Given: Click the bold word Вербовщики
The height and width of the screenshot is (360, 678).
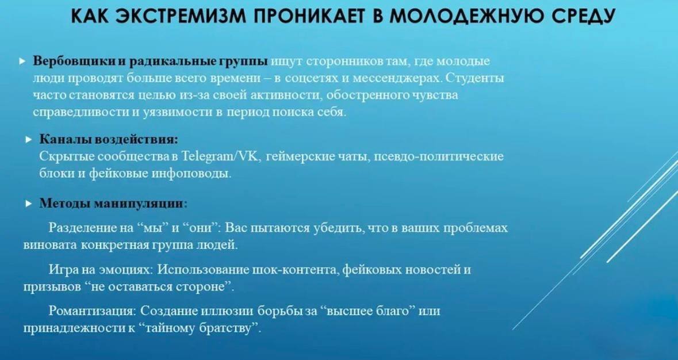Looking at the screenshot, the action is (x=74, y=62).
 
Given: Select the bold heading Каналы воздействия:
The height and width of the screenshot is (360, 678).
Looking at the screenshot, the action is (x=109, y=139).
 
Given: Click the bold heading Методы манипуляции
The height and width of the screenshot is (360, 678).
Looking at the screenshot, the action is (x=112, y=202).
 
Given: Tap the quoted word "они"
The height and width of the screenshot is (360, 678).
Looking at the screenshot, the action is (x=200, y=228).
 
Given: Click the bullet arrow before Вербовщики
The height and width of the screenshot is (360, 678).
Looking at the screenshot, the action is (x=23, y=62).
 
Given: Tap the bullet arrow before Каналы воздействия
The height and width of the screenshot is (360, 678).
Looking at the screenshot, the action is (x=29, y=140).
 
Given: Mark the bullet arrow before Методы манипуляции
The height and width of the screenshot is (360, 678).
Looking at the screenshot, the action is (x=29, y=204).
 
